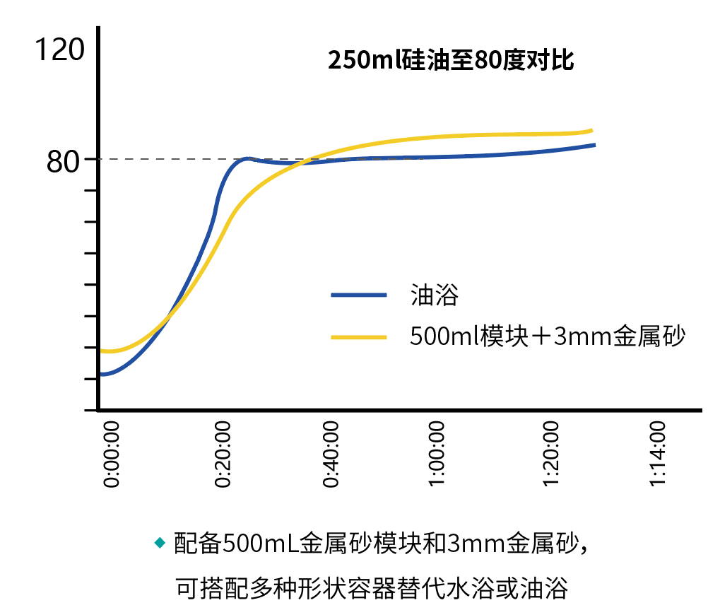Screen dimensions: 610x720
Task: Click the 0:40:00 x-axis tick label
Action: [332, 454]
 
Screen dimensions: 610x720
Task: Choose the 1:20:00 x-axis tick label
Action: [551, 454]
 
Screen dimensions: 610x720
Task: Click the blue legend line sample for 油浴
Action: [359, 295]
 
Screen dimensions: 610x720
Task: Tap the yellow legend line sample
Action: [359, 336]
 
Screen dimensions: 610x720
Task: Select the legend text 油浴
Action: [434, 295]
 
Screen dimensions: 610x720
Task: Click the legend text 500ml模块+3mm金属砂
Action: [548, 336]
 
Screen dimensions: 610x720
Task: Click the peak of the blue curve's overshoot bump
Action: [247, 158]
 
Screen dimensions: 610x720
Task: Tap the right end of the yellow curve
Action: [591, 130]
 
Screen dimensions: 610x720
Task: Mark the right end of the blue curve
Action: [594, 144]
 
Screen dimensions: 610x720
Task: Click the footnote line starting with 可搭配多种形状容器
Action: [372, 586]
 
